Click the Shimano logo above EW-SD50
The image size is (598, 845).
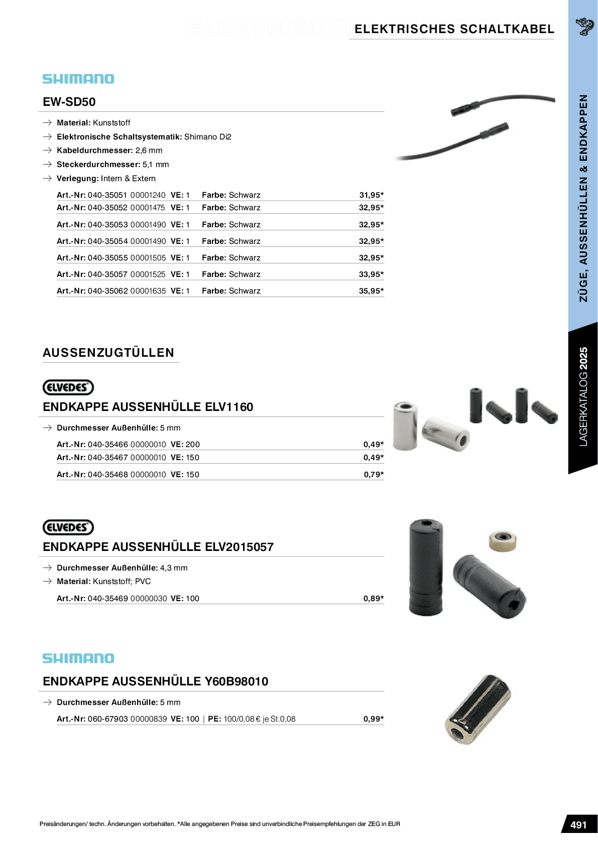(78, 79)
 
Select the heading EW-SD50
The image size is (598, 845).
(69, 102)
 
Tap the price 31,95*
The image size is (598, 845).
(371, 195)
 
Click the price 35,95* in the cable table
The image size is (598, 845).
(371, 291)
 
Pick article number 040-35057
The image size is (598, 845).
(107, 274)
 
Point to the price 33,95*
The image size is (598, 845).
(371, 274)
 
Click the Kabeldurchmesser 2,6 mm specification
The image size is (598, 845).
(109, 151)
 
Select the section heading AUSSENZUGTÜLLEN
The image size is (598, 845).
(108, 353)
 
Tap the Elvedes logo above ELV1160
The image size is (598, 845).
(68, 387)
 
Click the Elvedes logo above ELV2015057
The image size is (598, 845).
(68, 527)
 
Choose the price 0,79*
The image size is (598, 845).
(374, 474)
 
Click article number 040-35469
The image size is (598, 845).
(107, 598)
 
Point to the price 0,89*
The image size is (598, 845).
(374, 598)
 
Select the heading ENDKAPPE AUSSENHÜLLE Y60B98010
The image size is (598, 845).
(156, 681)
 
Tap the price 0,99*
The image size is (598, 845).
(374, 719)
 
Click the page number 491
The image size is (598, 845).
(578, 825)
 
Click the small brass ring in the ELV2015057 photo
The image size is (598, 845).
(503, 541)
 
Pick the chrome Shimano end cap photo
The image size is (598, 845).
(477, 709)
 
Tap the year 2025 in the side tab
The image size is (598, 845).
(583, 358)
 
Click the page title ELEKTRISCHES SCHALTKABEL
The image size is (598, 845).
(454, 29)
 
